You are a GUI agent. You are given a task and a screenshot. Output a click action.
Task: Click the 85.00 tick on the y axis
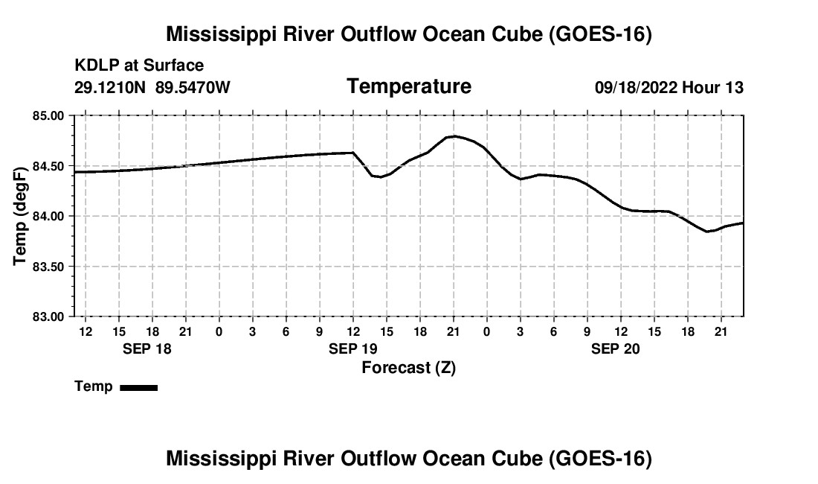pos(48,115)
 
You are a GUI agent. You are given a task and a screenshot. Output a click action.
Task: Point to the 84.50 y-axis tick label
pos(48,166)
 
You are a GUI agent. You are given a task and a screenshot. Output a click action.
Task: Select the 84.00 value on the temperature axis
pos(48,216)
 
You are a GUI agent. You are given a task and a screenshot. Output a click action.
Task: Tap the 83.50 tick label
pos(48,267)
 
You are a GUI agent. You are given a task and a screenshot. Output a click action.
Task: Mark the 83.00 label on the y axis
pos(48,316)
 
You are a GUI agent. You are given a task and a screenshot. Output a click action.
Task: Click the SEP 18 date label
pos(147,348)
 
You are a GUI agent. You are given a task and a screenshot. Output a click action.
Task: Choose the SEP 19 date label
pos(353,348)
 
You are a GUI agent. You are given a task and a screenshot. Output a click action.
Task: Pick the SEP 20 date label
pos(616,348)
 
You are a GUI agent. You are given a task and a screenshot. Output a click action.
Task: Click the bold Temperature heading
pos(409,86)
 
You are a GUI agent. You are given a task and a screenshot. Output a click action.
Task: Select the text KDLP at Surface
pos(139,66)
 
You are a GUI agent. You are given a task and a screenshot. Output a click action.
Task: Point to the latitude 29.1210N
pos(110,87)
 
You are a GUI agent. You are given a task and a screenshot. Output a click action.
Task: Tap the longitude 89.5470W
pos(193,87)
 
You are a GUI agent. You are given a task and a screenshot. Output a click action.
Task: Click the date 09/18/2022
pos(636,87)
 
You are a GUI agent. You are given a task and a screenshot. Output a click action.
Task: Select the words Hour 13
pos(712,87)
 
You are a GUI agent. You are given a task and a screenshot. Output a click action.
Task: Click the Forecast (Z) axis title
pos(409,368)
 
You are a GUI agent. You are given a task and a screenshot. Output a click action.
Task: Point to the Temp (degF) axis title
pos(20,216)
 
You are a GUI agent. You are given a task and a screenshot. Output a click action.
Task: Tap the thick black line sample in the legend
pos(139,387)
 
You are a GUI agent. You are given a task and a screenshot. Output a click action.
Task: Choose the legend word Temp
pos(94,386)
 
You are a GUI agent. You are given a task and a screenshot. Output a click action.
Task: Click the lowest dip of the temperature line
pos(707,232)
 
